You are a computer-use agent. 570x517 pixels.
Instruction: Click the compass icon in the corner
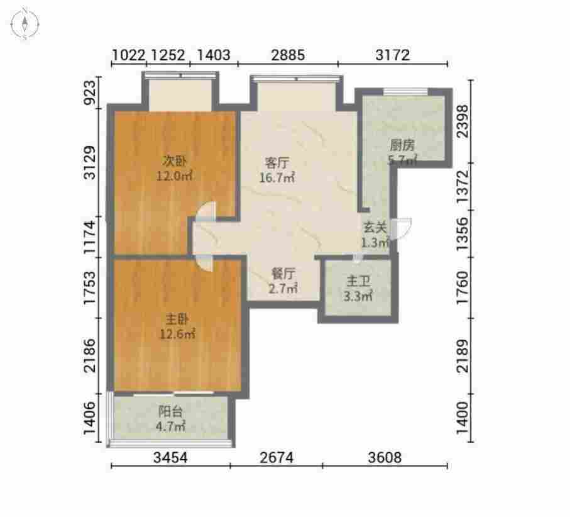(x=25, y=24)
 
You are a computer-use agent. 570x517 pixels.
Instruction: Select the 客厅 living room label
(x=277, y=162)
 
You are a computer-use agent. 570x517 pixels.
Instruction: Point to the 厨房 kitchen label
(x=402, y=145)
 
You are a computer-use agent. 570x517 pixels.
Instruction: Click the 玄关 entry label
(x=375, y=228)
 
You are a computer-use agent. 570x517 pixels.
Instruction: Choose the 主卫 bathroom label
(x=358, y=281)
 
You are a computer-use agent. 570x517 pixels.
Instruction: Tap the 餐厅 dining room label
(x=283, y=273)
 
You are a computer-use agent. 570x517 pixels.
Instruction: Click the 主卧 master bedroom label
(x=177, y=319)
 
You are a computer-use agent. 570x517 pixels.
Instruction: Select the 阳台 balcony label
(x=170, y=411)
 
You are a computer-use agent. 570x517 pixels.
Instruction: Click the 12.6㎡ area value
(x=178, y=333)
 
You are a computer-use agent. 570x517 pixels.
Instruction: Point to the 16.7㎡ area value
(x=277, y=177)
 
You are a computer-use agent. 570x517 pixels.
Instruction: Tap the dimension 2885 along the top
(x=288, y=55)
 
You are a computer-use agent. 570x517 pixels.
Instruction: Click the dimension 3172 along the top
(x=393, y=55)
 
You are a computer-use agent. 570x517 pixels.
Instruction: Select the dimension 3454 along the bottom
(x=170, y=457)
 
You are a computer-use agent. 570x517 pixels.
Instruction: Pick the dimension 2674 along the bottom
(x=277, y=457)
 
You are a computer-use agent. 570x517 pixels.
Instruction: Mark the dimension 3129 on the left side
(x=89, y=163)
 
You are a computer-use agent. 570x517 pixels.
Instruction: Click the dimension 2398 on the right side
(x=463, y=121)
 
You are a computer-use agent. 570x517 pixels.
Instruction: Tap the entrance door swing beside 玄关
(x=403, y=229)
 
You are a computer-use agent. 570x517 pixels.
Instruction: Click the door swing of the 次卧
(x=205, y=212)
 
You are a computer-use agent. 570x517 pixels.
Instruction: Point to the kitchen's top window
(x=406, y=91)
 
